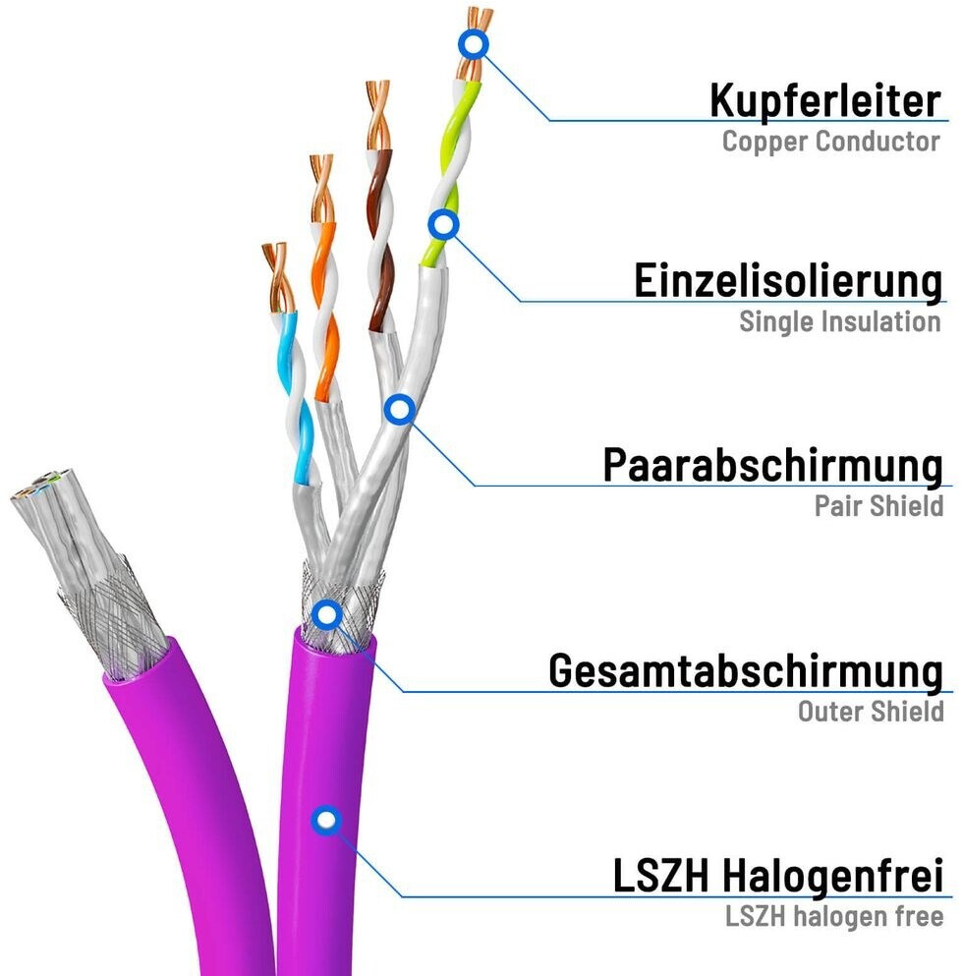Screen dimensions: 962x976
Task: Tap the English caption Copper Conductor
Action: click(x=830, y=142)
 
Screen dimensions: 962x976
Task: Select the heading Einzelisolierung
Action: click(x=787, y=280)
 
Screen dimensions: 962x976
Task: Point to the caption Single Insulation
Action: click(x=840, y=321)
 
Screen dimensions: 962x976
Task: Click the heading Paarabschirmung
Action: click(x=772, y=465)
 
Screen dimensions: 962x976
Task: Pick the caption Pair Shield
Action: click(x=878, y=506)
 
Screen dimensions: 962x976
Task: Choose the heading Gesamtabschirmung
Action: click(x=745, y=671)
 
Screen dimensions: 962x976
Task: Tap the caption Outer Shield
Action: click(x=871, y=712)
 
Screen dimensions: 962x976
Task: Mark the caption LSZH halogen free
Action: click(x=834, y=917)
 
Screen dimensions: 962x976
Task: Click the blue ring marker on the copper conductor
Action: click(x=474, y=43)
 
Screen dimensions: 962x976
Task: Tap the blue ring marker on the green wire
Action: click(x=444, y=225)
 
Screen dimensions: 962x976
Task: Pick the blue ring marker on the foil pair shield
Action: click(x=398, y=409)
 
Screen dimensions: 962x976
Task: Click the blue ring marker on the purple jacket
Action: click(x=325, y=819)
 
